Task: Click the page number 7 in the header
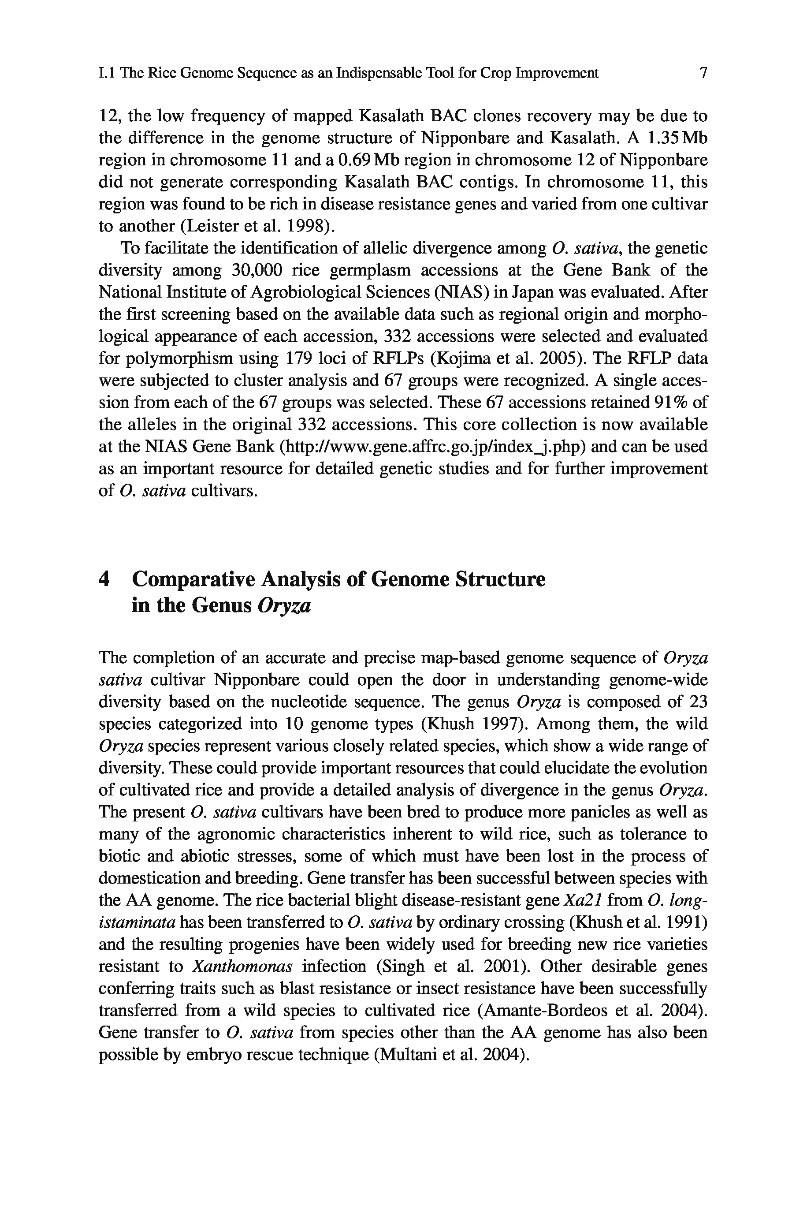coord(703,73)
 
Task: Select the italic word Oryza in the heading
coord(284,606)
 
